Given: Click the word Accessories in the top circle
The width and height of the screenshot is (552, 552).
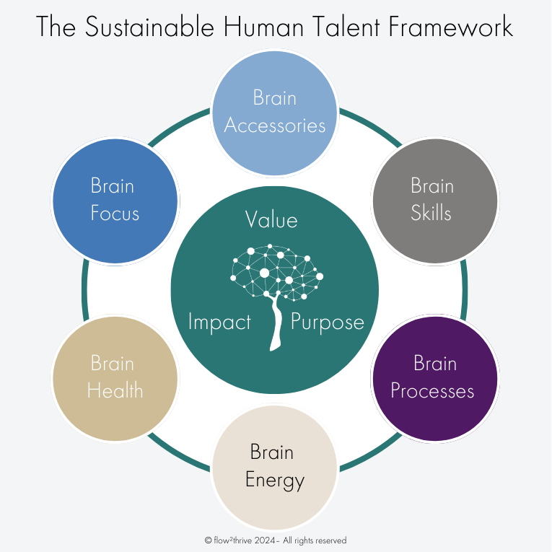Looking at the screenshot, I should coord(275,125).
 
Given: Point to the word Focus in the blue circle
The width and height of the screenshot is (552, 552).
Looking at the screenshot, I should coord(115,214).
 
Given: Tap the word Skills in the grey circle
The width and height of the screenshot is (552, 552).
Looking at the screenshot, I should coord(431,214).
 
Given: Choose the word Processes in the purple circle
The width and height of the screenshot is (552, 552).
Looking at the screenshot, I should coord(432,390).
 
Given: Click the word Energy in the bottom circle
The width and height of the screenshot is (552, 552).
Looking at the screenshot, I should coord(275,480).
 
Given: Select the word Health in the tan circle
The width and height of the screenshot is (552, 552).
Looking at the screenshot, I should coord(115,390).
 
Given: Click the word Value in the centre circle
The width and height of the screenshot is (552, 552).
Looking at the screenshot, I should coord(271,219).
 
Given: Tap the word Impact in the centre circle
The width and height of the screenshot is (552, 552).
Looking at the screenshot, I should coord(219,322).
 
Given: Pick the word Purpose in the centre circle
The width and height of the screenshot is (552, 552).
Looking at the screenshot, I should coord(328,322).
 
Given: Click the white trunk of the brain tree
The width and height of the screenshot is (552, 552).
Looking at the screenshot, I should coord(275,325).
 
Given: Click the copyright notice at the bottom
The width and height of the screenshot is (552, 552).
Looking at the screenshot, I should coord(276,540).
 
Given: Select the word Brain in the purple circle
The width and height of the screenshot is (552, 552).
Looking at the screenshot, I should coord(434,363).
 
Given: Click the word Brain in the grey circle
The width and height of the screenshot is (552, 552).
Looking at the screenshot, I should coord(432,185).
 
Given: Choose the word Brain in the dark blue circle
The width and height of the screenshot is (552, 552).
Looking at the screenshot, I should coord(113,185).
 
